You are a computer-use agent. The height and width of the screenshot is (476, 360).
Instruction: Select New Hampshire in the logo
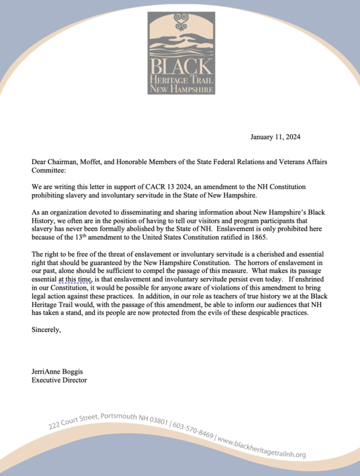coord(181,89)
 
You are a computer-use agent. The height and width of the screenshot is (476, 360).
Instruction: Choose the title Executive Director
coord(59,380)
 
